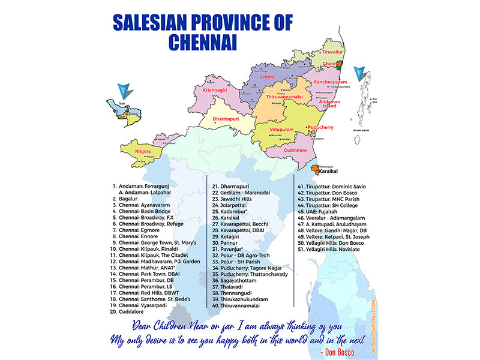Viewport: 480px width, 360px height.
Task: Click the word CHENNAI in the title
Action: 203,42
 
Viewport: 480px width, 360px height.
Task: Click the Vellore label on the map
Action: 267,77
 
